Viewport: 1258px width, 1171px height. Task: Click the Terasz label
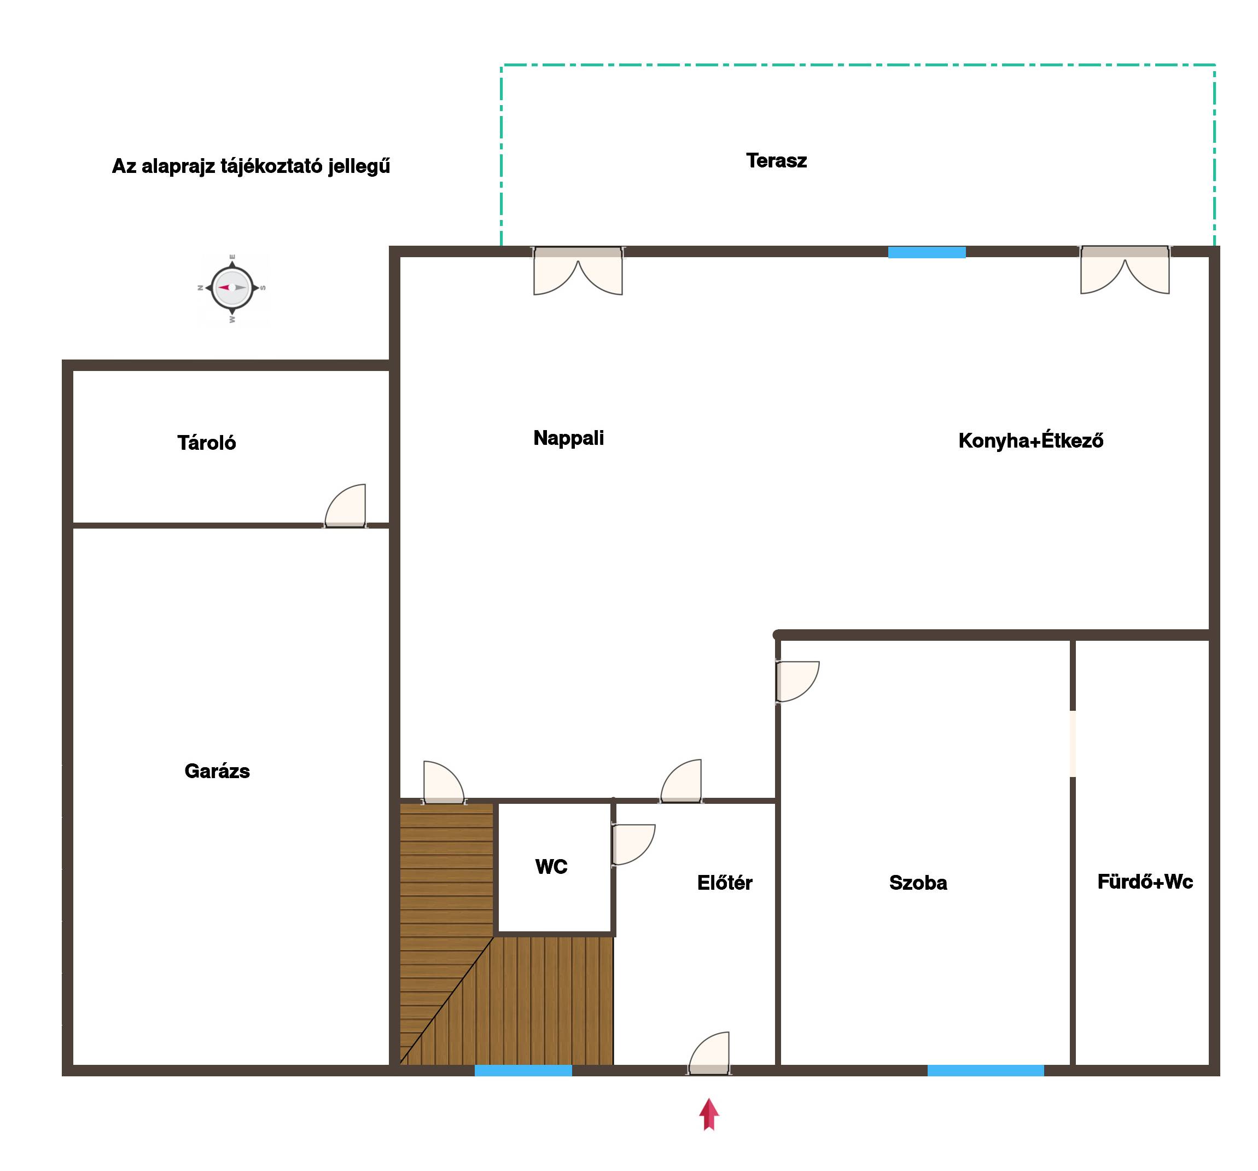pos(777,161)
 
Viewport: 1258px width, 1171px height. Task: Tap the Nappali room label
pos(568,438)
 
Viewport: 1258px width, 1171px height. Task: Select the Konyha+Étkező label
pos(1031,440)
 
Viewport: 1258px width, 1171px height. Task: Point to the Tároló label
pos(206,443)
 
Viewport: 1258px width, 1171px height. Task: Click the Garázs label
pos(217,771)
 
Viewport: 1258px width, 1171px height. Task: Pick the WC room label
pos(551,867)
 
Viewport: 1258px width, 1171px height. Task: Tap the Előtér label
pos(725,883)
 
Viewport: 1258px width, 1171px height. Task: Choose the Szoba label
pos(918,883)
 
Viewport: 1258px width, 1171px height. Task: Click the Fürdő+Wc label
pos(1145,882)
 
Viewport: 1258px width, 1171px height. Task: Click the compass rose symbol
pos(232,288)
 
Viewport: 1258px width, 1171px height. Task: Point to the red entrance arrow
pos(709,1114)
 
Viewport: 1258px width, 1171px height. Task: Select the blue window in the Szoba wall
pos(985,1070)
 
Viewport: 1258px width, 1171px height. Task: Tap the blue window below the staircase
pos(523,1070)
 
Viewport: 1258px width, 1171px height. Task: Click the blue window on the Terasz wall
pos(927,252)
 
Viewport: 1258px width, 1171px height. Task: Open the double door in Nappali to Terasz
pos(578,270)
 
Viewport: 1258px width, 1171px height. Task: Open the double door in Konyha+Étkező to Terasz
pos(1125,270)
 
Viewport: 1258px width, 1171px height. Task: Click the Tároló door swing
pos(346,506)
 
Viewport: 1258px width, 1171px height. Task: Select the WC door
pos(633,844)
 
